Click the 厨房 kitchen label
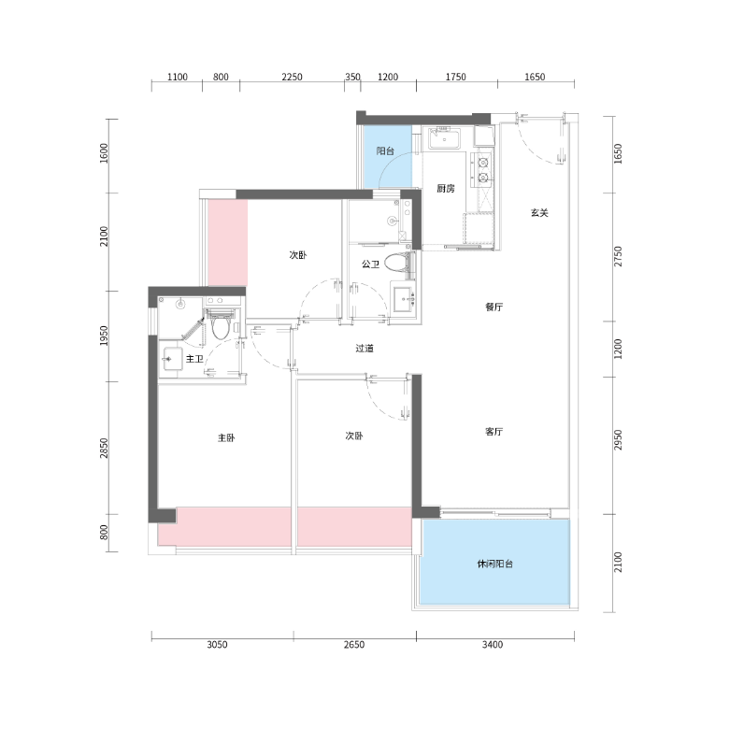(x=446, y=189)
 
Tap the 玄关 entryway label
(x=539, y=213)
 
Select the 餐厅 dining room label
(x=494, y=307)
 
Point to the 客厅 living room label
(x=494, y=432)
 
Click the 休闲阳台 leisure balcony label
(x=494, y=564)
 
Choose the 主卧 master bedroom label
(x=226, y=437)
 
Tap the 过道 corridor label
(x=365, y=349)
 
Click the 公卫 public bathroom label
(x=370, y=264)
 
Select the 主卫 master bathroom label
(x=194, y=359)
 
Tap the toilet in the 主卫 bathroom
(x=221, y=325)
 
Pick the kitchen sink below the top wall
(x=445, y=138)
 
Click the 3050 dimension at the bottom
(x=217, y=645)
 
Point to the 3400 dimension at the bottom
(x=492, y=645)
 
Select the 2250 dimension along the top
(x=292, y=77)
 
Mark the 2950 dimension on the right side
(x=618, y=440)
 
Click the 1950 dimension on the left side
(x=104, y=336)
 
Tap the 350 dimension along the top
(x=352, y=77)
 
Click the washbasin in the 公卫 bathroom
(x=404, y=298)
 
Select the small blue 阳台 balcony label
(x=385, y=150)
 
